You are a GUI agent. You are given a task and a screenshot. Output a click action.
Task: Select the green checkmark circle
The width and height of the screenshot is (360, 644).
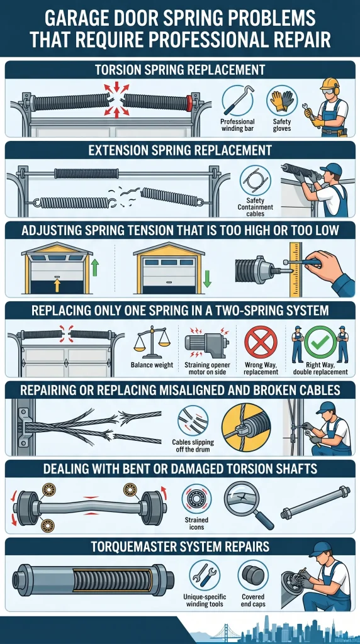tap(320, 342)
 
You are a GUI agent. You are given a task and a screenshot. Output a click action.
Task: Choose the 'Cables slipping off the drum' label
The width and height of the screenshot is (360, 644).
tap(192, 445)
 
